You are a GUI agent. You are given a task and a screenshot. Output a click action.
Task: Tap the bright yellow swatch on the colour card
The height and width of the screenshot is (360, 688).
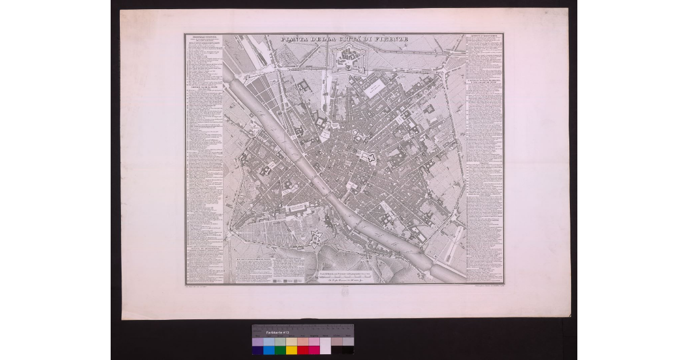291,350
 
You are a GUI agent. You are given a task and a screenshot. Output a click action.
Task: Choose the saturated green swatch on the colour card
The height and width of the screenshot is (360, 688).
280,350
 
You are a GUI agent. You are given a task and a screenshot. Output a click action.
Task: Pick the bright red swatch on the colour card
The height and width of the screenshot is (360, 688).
303,350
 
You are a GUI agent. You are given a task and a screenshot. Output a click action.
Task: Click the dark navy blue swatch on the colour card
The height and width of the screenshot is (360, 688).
257,350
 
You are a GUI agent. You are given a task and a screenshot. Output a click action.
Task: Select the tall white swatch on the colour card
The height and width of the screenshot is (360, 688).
325,346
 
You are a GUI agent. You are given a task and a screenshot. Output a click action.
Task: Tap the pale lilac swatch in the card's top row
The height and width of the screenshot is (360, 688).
257,341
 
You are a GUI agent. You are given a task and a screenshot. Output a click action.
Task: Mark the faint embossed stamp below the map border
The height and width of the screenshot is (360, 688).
344,292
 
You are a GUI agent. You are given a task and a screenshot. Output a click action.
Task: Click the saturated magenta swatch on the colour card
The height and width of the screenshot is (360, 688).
314,350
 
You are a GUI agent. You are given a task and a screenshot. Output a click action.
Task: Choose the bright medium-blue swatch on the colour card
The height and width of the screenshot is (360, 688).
269,350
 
